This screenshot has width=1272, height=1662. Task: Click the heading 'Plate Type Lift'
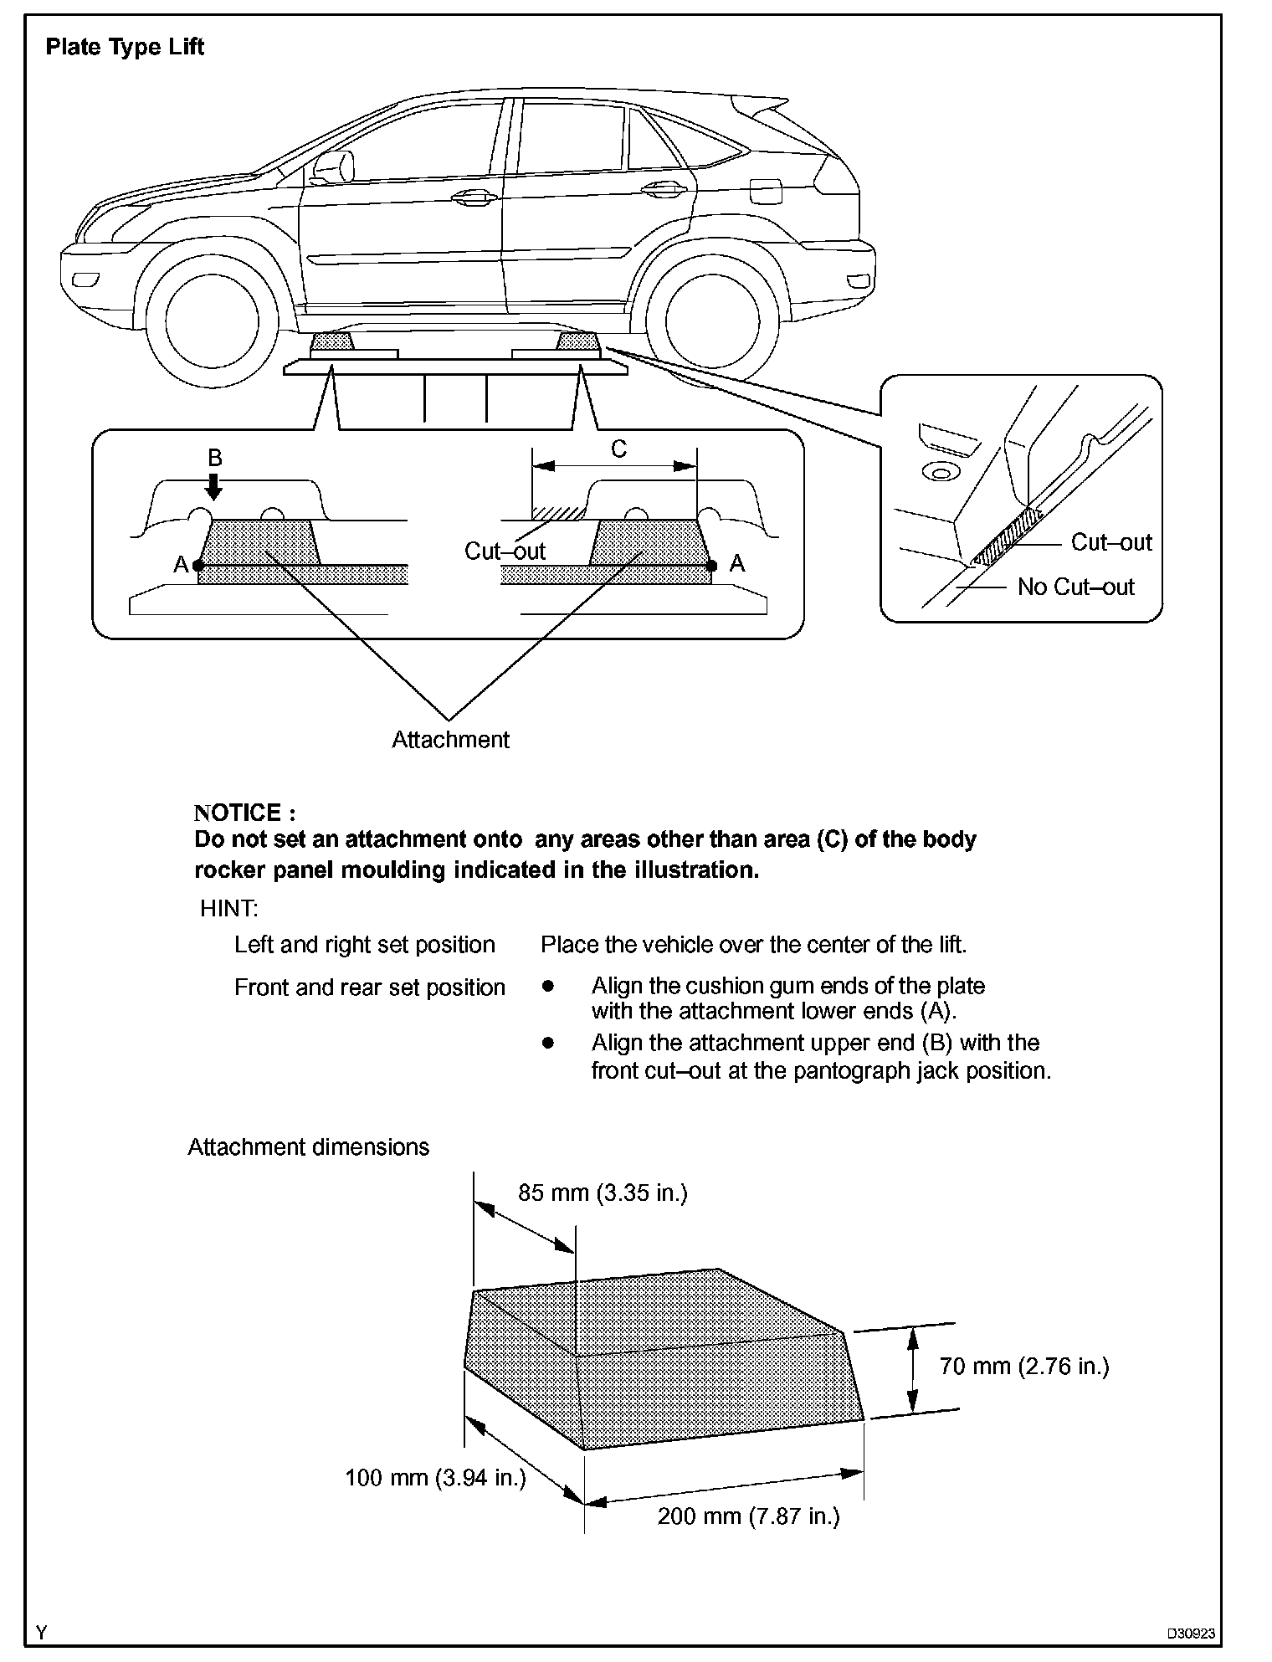[125, 47]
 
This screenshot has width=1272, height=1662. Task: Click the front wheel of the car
[211, 318]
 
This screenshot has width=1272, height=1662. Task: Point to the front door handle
[471, 197]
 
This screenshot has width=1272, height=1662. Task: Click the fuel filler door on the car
[766, 192]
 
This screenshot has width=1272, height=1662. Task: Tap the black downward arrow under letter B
[214, 485]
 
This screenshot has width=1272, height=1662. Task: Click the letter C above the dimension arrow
[618, 449]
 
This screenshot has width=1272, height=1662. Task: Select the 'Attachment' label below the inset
[450, 740]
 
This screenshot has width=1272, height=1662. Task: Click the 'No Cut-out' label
[1075, 587]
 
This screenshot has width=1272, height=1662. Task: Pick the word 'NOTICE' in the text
[238, 813]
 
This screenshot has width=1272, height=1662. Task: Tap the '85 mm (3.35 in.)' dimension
[603, 1193]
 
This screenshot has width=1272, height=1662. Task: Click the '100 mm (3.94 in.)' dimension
[435, 1479]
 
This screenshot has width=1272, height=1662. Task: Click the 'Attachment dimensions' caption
[308, 1146]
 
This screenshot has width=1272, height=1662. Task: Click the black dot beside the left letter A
[198, 566]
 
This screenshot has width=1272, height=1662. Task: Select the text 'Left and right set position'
[364, 945]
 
